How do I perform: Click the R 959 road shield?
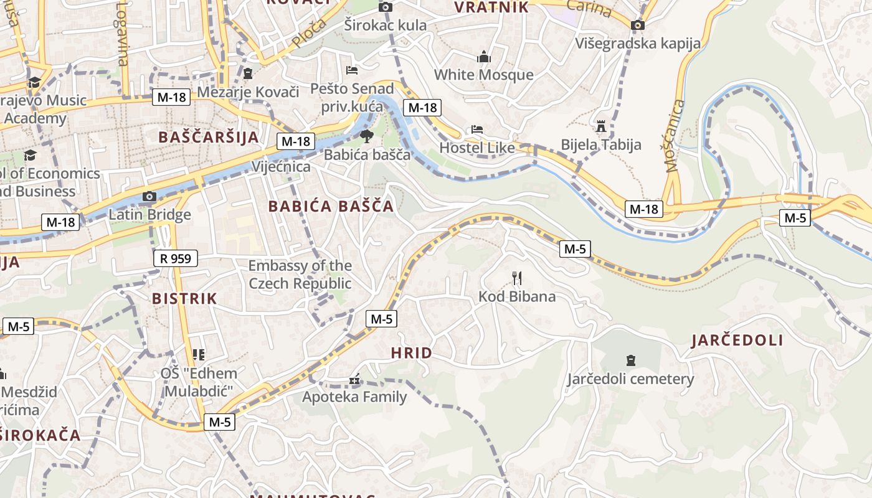[x=176, y=258]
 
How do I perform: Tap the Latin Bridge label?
[x=149, y=215]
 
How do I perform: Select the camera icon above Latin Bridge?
[x=149, y=197]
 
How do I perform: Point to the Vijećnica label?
[x=281, y=167]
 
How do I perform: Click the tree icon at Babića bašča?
[x=366, y=136]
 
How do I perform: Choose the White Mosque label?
[x=483, y=75]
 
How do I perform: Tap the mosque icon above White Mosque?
[x=483, y=57]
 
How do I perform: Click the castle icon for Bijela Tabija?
[x=601, y=126]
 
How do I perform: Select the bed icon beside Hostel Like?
[x=476, y=129]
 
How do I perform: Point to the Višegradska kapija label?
[x=638, y=43]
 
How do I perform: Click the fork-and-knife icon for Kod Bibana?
[x=516, y=278]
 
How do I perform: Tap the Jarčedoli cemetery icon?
[x=630, y=360]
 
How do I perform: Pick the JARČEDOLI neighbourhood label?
[x=737, y=340]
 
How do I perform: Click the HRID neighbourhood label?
[x=411, y=353]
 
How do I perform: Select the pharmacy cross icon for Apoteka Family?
[x=354, y=380]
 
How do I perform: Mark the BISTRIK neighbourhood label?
[x=185, y=298]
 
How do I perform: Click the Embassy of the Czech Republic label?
[x=300, y=275]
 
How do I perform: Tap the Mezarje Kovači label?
[x=249, y=92]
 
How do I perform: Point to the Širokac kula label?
[x=386, y=25]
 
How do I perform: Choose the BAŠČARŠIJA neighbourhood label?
[x=209, y=137]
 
